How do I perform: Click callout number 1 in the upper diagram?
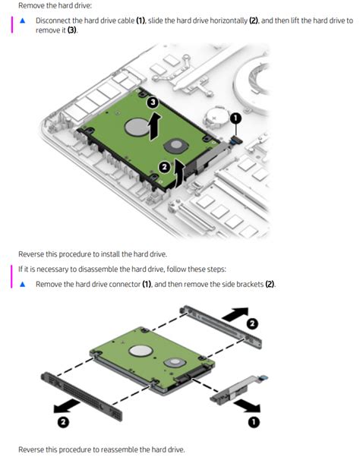click(x=235, y=118)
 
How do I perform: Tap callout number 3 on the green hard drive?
click(x=153, y=102)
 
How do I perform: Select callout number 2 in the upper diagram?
click(x=165, y=167)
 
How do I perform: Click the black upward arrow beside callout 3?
click(x=155, y=126)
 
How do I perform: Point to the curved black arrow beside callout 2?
click(x=180, y=173)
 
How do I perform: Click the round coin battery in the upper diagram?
click(x=216, y=118)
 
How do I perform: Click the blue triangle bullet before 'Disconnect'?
click(x=22, y=20)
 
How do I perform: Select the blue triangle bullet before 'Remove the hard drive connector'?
click(x=22, y=284)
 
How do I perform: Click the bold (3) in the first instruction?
click(x=72, y=30)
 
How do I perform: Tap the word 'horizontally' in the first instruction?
click(x=229, y=20)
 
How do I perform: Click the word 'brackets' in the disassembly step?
click(x=250, y=284)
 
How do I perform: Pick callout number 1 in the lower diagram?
click(x=254, y=422)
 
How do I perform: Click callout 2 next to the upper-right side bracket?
click(x=252, y=323)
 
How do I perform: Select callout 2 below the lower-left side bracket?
click(x=63, y=422)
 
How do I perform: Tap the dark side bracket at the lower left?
click(x=81, y=396)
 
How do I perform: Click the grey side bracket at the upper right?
click(x=221, y=326)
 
